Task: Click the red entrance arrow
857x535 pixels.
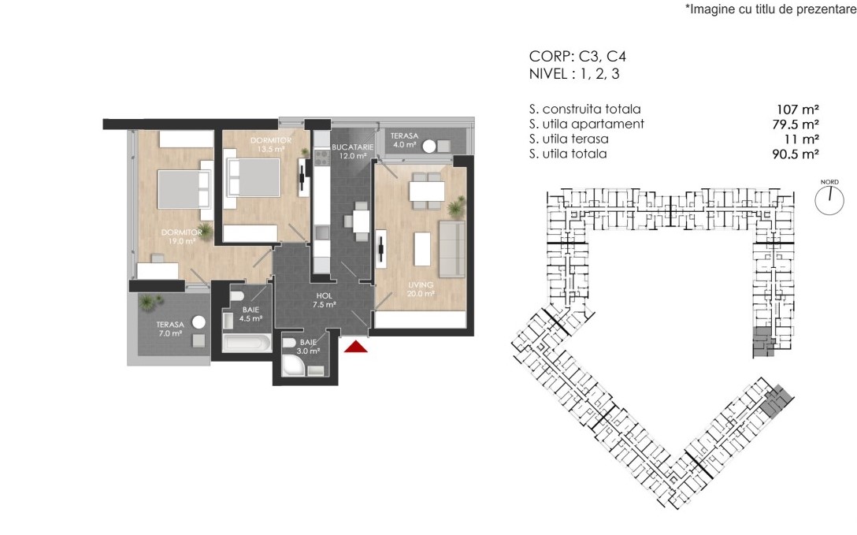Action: tap(356, 347)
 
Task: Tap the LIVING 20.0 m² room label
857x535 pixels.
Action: tap(421, 289)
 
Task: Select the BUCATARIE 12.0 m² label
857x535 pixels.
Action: tap(353, 151)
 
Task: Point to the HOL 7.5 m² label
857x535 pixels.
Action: tap(324, 300)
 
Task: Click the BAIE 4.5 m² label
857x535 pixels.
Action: tap(250, 314)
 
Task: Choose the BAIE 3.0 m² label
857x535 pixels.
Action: tap(308, 347)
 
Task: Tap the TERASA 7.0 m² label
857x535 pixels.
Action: tap(170, 329)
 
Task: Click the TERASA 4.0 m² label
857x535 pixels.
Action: tap(404, 140)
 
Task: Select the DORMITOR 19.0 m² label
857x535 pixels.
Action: tap(182, 236)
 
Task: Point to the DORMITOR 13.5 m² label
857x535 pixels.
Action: tap(271, 144)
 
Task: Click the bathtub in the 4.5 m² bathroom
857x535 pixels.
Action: tap(247, 344)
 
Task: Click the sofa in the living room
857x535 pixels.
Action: tap(452, 249)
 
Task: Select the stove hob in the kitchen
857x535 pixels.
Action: tap(321, 158)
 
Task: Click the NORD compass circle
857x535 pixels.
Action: tap(829, 200)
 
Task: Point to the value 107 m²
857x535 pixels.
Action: tap(797, 110)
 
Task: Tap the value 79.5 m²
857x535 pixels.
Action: tap(796, 124)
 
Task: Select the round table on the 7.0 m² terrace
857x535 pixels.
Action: tap(198, 322)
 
